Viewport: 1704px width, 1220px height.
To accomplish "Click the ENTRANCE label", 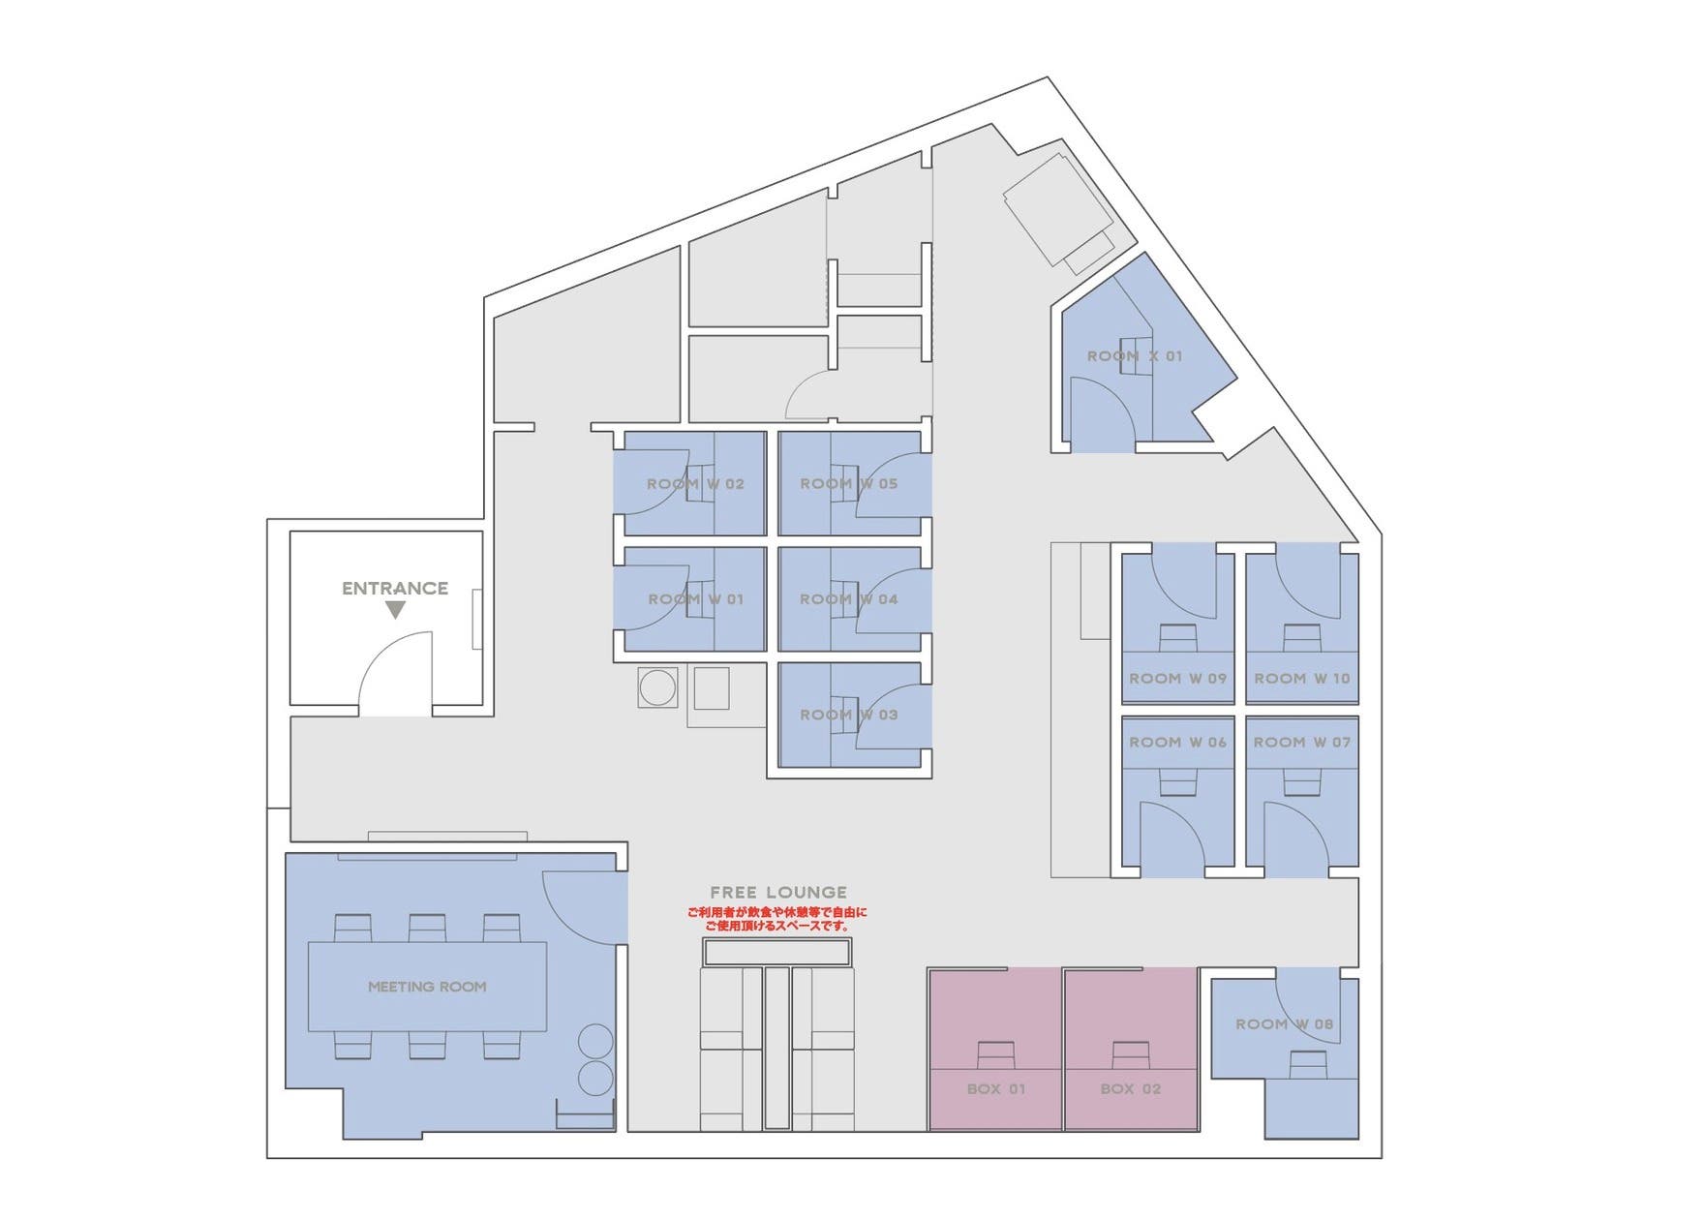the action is pos(395,588).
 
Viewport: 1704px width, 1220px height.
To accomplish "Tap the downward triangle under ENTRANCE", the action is pos(395,610).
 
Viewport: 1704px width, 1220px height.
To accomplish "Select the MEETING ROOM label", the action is pos(427,987).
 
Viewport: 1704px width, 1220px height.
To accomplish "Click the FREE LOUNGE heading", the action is pos(778,893).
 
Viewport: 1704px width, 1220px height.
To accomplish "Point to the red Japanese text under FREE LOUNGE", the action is pos(777,919).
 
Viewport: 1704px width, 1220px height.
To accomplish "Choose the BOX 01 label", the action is pos(996,1089).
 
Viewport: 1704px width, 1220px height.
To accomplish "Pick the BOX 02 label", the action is pos(1131,1089).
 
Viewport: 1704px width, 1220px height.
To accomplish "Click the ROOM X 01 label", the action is pos(1135,356).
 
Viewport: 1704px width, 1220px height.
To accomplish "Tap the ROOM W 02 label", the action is pos(695,484).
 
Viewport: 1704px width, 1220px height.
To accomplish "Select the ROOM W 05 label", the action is pos(849,483).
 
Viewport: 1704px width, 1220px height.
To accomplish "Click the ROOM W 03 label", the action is pos(849,715).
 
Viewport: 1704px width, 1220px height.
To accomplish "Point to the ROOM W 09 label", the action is pos(1178,679).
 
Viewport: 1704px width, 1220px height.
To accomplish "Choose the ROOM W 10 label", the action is pos(1302,679).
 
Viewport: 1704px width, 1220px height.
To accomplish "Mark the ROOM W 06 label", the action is pos(1178,742).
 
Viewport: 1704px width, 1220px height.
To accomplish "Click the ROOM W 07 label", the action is pos(1302,742).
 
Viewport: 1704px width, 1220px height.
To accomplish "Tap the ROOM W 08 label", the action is pos(1285,1024).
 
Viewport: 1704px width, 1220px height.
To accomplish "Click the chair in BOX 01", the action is pos(995,1053).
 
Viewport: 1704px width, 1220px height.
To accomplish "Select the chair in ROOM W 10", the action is pos(1302,637).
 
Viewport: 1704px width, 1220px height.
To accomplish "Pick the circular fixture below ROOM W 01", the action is pos(658,688).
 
